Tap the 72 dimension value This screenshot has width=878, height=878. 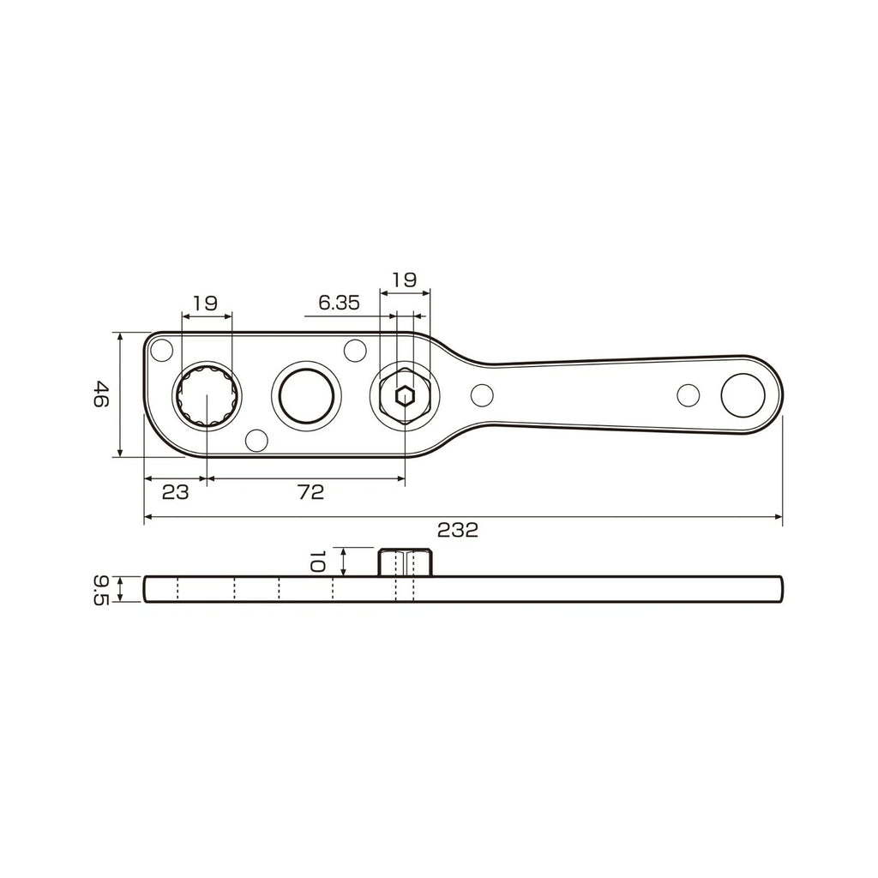click(x=310, y=492)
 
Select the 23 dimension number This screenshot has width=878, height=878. click(x=175, y=492)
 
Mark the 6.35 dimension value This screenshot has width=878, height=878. click(x=338, y=302)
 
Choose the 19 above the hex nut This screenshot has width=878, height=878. click(x=404, y=279)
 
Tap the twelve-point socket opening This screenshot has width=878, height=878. click(x=207, y=395)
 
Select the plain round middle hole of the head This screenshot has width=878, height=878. click(x=306, y=395)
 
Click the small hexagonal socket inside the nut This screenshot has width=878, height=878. click(x=404, y=395)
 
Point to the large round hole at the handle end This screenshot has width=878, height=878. click(x=743, y=394)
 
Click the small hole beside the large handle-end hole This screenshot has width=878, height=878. click(x=689, y=394)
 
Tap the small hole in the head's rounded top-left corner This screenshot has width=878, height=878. click(x=161, y=349)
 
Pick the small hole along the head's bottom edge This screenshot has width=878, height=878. click(x=256, y=441)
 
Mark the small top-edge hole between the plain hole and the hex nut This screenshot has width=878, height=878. click(x=354, y=349)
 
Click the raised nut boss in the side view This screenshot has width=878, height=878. click(x=405, y=562)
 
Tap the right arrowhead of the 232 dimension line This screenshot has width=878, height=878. click(x=779, y=517)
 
